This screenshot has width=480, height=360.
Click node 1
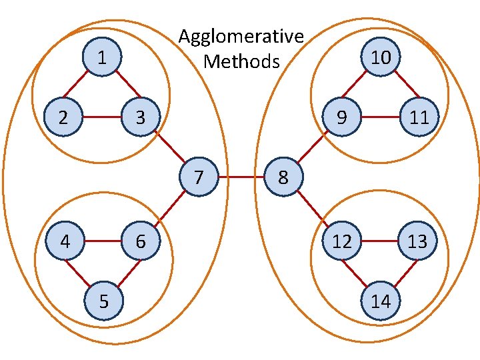point(101,57)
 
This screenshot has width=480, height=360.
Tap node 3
point(139,118)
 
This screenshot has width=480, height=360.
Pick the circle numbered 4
point(64,241)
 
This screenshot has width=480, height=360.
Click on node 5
point(103,301)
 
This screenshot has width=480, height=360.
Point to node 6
point(140,241)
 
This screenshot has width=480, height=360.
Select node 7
point(199,177)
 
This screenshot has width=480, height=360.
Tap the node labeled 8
point(283,177)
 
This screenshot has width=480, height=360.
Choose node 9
point(341,117)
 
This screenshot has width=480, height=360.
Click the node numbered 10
point(381,57)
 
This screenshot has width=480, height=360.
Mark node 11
point(419,117)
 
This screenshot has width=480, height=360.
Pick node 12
point(341,241)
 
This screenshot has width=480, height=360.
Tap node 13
point(417,241)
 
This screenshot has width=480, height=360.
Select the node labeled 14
point(381,301)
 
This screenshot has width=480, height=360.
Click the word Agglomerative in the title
point(241,36)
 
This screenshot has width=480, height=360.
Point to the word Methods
point(241,61)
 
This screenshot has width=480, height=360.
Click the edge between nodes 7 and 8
point(241,177)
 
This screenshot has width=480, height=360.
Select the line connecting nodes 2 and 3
point(101,118)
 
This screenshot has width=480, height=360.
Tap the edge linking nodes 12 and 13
point(379,241)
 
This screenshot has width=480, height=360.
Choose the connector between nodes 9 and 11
point(380,117)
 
